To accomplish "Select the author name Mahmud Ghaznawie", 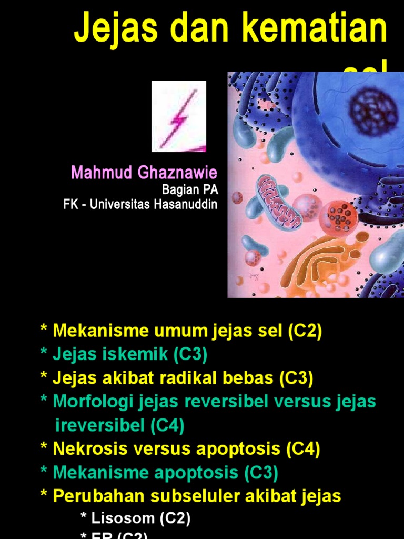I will point(144,173).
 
